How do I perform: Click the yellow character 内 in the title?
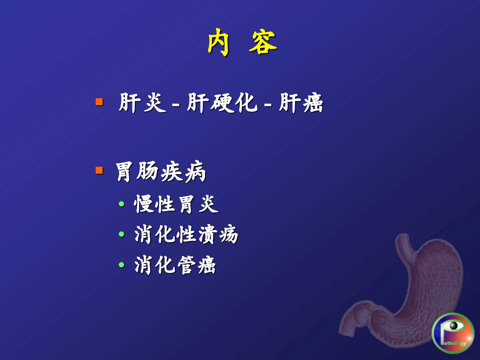coord(218,42)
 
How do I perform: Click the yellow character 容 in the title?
coord(263,42)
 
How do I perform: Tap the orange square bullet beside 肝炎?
coord(99,102)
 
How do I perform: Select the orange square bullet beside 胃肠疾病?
coord(99,170)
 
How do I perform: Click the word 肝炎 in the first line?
coord(142,103)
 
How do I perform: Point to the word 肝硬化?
coord(222,103)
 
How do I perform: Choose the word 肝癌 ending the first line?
coord(301,103)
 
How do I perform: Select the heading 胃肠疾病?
coord(161,172)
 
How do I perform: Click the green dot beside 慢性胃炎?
coord(121,204)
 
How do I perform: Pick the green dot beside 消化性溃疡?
coord(121,234)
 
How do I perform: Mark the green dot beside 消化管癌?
coord(121,265)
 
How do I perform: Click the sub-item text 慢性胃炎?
coord(176,204)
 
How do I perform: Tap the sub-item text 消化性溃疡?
coord(186,234)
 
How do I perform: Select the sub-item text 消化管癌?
coord(175,265)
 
